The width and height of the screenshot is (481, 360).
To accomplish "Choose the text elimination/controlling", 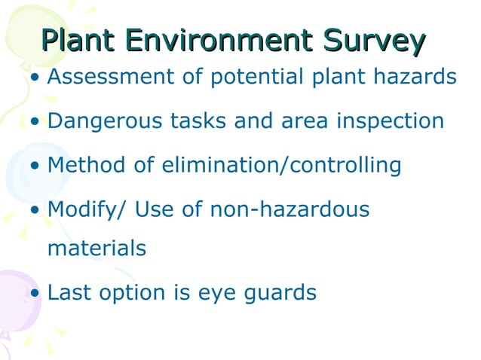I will (x=281, y=165).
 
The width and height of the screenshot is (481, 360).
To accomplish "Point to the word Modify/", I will (x=86, y=209).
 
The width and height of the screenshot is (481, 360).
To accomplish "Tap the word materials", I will (x=96, y=248).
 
